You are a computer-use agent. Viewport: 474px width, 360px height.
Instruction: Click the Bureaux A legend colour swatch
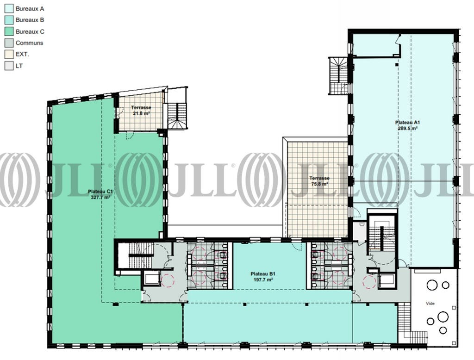(x=9, y=8)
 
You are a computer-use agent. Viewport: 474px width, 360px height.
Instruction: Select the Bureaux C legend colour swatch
(x=9, y=31)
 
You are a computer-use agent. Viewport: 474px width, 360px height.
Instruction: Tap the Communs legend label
(x=29, y=43)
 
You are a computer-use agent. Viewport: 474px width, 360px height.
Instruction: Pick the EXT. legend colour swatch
(x=9, y=55)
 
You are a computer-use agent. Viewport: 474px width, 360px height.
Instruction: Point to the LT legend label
(x=19, y=66)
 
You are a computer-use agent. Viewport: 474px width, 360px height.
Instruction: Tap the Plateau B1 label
(x=263, y=274)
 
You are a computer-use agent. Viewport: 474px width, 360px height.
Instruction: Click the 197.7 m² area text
(x=263, y=279)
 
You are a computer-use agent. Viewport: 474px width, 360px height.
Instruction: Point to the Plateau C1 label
(x=100, y=191)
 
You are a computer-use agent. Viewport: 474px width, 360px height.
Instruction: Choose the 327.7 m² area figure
(x=100, y=197)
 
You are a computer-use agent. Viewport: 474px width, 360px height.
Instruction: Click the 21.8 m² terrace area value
(x=142, y=113)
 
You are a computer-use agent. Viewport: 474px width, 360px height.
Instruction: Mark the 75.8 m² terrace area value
(x=319, y=184)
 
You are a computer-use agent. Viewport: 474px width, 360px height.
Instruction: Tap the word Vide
(x=430, y=304)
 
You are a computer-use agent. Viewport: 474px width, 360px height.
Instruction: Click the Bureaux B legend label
(x=30, y=20)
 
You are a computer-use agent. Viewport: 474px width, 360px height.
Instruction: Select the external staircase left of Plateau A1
(x=339, y=76)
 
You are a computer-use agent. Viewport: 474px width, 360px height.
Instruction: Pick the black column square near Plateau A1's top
(x=397, y=64)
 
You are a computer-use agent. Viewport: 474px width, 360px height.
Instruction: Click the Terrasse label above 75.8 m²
(x=319, y=178)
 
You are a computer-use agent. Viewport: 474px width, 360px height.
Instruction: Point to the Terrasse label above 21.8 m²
(x=141, y=108)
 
